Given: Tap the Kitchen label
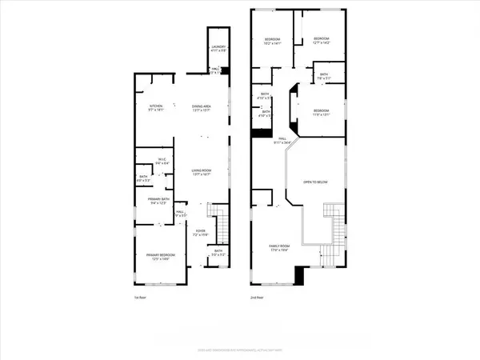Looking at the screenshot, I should [x=155, y=108].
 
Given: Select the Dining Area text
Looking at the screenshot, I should [x=201, y=108].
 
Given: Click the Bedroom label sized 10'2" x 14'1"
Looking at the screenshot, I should [x=273, y=41].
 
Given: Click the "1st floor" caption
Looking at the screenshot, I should [x=140, y=298].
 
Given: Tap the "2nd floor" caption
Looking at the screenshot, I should [x=258, y=298].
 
